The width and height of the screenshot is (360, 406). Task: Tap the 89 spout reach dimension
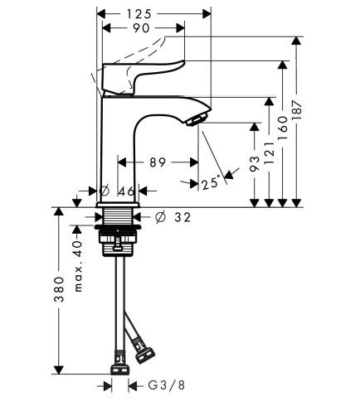pyautogui.click(x=158, y=162)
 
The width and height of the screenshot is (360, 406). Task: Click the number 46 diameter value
pyautogui.click(x=127, y=191)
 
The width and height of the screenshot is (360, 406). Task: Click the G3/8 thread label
pyautogui.click(x=162, y=385)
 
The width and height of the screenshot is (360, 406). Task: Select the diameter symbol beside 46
pyautogui.click(x=105, y=191)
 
